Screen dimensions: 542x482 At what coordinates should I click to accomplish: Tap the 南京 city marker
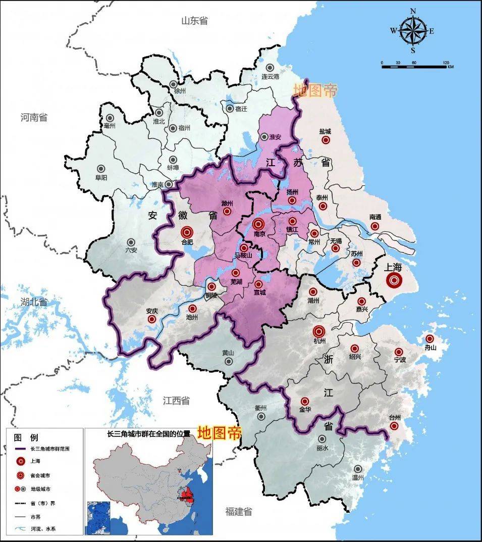tap(258, 224)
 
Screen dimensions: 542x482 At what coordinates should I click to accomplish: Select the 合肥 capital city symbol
tap(187, 232)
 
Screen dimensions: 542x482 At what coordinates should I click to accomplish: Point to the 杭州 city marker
tap(318, 331)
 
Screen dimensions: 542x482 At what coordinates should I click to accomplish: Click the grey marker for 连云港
tap(271, 68)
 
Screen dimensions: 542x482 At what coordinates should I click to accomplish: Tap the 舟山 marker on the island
tap(430, 338)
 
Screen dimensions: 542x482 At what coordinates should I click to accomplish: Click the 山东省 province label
tap(194, 21)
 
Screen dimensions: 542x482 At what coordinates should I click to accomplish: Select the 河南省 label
tap(34, 117)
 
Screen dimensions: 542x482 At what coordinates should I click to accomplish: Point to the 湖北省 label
tap(34, 302)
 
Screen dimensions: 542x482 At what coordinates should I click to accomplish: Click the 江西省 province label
tap(176, 401)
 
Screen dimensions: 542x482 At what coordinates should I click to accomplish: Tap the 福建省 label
tap(238, 511)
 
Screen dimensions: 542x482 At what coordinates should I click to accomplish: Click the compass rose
tap(413, 31)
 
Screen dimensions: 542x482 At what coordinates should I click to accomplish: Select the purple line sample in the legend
tap(20, 448)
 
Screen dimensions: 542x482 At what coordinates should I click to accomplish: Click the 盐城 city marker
tap(326, 139)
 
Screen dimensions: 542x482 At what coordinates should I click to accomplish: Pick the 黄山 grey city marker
tap(229, 361)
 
